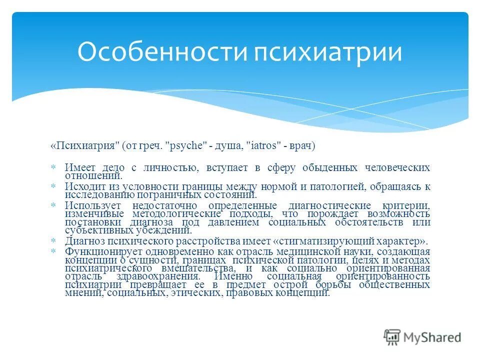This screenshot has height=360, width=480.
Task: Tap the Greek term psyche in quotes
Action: click(189, 145)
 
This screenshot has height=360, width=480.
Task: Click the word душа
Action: click(228, 145)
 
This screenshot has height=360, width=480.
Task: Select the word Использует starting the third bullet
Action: click(93, 206)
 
